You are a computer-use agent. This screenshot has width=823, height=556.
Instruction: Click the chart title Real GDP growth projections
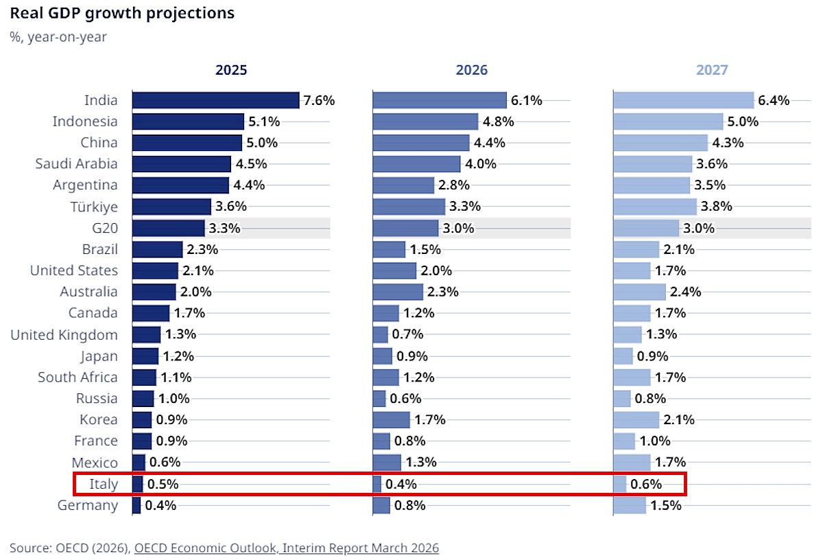[122, 13]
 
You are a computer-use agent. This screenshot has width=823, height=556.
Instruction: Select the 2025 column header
[231, 70]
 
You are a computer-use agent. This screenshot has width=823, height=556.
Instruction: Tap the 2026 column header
[472, 70]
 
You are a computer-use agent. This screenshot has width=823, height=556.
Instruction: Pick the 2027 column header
[712, 70]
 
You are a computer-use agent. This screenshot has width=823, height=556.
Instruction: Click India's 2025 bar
[215, 100]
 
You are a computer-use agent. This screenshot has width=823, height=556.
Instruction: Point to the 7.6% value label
[319, 100]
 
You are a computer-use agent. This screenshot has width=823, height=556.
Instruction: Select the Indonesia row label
[85, 121]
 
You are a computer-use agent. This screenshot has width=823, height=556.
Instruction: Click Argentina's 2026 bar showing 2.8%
[403, 185]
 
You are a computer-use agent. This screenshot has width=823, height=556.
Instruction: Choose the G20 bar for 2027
[646, 228]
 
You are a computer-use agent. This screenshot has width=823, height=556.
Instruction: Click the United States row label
[74, 270]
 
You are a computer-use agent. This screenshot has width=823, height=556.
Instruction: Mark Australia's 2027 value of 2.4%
[685, 292]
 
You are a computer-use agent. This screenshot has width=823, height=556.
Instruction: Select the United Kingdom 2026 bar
[380, 334]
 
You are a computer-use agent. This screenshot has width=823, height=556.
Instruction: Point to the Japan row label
[99, 356]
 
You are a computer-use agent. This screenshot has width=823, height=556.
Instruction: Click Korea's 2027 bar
[636, 419]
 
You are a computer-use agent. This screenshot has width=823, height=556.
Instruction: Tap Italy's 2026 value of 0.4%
[401, 484]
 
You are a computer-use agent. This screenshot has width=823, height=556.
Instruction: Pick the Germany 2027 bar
[630, 505]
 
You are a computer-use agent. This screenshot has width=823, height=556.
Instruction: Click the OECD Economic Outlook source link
[287, 547]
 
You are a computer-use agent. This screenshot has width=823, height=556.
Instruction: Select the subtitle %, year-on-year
[58, 37]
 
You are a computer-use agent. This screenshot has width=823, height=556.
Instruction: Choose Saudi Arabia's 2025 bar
[181, 164]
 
